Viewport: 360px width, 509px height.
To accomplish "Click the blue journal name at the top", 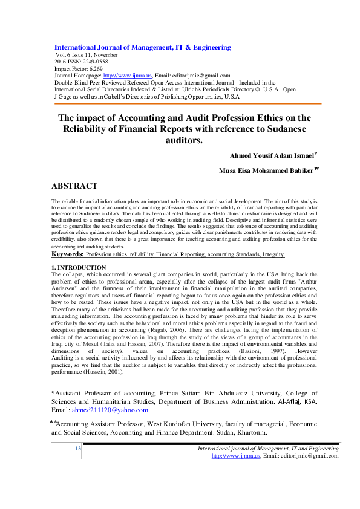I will [143, 47].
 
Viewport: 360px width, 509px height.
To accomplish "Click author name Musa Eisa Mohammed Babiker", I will [266, 170].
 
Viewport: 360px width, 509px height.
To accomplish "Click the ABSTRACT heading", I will [74, 186].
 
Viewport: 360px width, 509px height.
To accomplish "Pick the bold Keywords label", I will [67, 254].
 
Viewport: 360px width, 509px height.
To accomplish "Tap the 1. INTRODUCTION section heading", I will [79, 267].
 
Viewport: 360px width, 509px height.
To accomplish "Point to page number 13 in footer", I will [77, 448].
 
